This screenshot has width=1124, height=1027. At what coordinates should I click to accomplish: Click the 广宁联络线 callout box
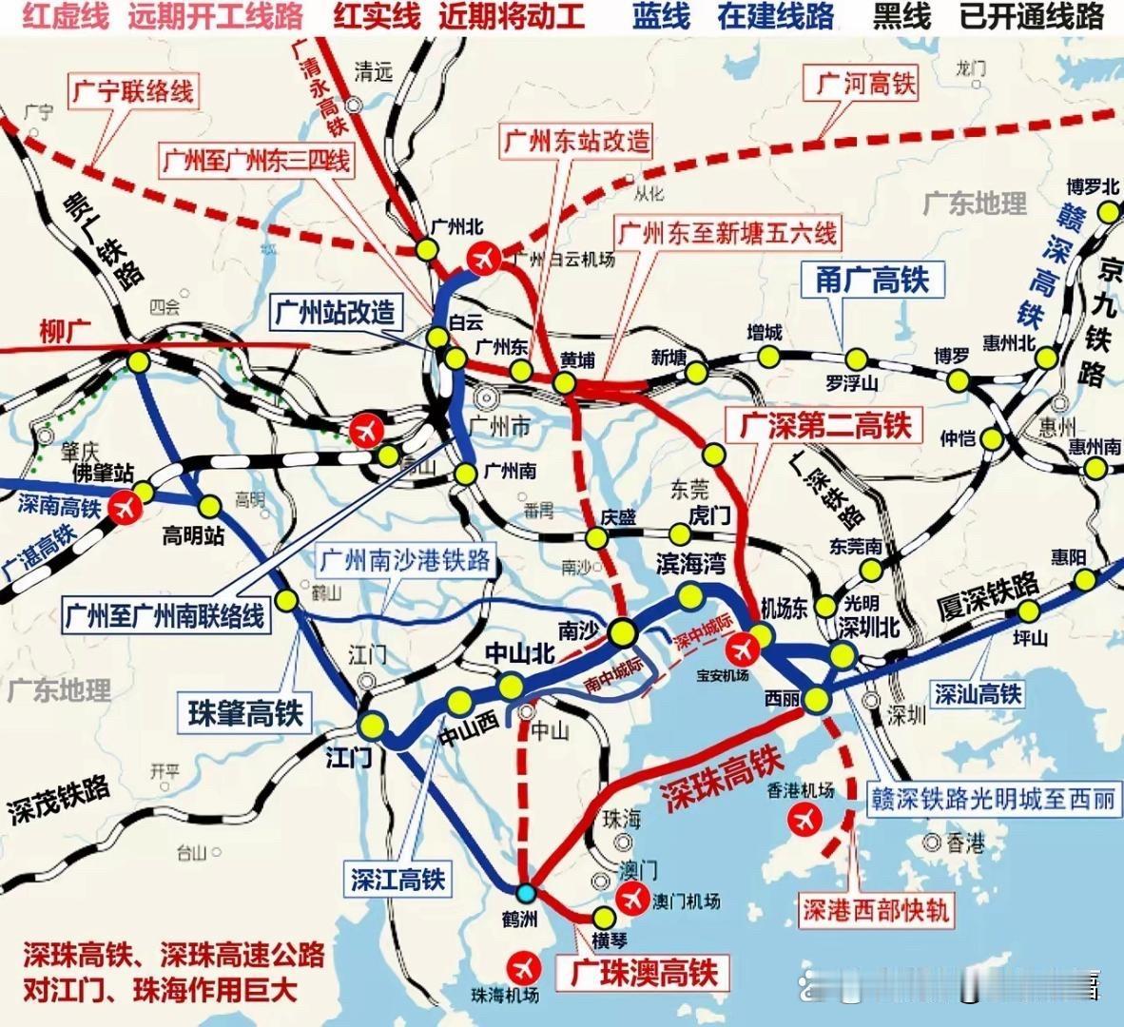(131, 92)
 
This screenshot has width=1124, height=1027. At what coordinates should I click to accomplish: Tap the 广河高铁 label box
(866, 84)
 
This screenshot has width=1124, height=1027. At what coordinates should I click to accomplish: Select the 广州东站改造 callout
(577, 142)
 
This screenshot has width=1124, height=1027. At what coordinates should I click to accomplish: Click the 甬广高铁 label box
(872, 279)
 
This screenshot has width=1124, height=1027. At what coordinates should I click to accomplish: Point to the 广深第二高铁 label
(825, 426)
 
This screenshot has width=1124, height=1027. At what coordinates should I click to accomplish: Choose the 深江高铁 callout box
(397, 879)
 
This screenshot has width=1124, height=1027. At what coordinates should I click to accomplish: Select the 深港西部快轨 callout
(875, 910)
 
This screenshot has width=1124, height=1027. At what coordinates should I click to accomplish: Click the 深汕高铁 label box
(978, 693)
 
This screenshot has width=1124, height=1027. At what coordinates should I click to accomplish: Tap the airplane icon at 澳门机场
(630, 896)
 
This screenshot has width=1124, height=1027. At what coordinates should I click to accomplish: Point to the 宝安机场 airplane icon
(743, 650)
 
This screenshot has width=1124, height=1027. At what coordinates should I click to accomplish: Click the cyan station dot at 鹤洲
(525, 892)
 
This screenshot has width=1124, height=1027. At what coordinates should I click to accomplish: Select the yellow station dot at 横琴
(604, 917)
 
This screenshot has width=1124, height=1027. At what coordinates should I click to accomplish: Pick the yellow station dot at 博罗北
(1107, 213)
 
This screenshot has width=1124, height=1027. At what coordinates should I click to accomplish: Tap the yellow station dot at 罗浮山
(857, 358)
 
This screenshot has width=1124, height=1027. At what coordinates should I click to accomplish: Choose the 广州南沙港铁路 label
(405, 559)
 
